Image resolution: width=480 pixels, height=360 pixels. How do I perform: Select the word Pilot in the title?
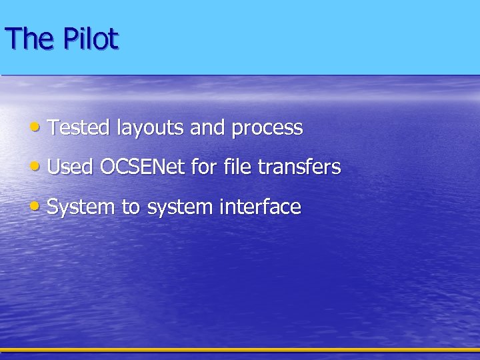point(91,39)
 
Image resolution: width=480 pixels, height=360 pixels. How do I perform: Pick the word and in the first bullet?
point(207,127)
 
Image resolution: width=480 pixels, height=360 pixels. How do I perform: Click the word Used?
point(70,167)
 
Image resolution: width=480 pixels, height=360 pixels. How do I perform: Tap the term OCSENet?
point(142,167)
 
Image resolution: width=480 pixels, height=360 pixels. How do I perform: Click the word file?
point(237,167)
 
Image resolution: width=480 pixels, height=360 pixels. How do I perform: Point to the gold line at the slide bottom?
point(240,349)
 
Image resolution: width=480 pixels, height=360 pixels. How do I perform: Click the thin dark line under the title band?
point(240,75)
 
